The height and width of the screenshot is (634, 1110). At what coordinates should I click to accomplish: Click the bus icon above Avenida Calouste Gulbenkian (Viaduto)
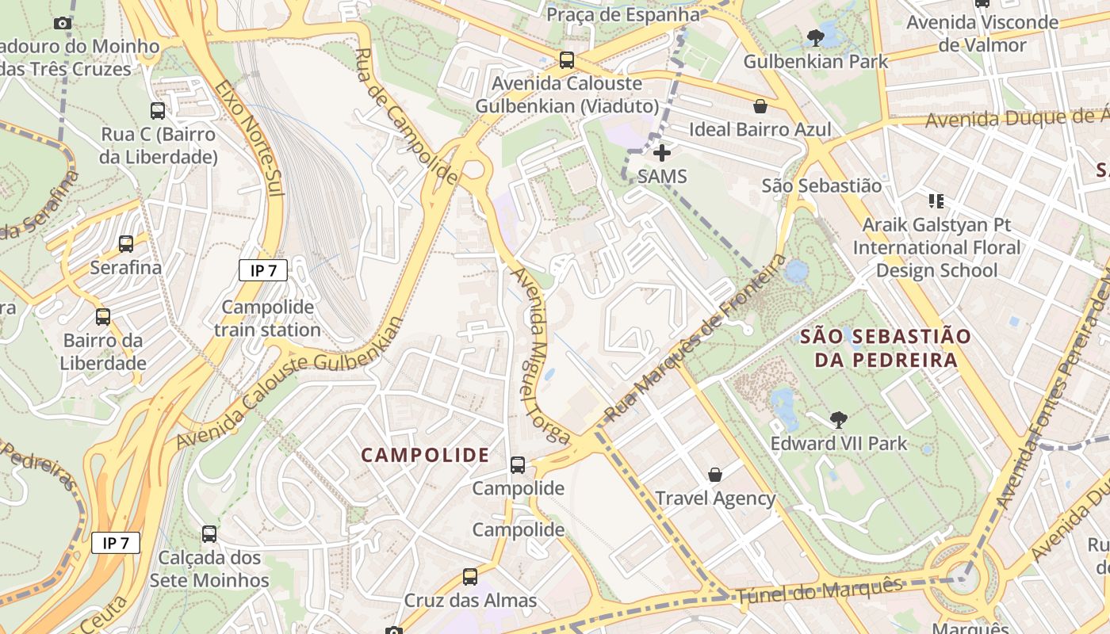(566, 59)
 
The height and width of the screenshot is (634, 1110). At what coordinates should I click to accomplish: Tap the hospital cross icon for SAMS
(662, 152)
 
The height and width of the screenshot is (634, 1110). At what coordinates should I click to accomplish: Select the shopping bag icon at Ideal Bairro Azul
(760, 105)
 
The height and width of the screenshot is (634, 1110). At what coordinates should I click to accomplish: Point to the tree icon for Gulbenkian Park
(815, 37)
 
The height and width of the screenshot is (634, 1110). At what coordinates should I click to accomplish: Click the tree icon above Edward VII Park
(838, 419)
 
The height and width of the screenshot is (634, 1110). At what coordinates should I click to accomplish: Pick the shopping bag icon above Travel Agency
(715, 475)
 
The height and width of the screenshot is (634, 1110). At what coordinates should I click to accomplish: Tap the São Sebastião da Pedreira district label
(885, 348)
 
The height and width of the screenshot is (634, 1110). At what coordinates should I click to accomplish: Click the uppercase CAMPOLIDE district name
(425, 455)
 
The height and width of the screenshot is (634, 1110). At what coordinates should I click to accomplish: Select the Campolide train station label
(267, 319)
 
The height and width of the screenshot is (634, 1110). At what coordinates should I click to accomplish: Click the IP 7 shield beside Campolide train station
(263, 270)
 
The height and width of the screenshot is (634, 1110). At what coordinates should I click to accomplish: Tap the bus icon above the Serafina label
(126, 244)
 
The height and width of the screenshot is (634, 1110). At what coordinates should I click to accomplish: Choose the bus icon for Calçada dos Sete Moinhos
(209, 534)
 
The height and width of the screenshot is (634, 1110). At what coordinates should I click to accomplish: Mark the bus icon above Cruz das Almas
(470, 577)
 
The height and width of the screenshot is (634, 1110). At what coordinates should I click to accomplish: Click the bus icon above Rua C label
(158, 111)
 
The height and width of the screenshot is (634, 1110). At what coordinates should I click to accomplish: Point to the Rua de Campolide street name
(405, 116)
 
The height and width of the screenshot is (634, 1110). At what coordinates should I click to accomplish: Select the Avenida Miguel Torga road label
(541, 355)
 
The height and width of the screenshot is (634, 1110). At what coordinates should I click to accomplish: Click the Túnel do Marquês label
(819, 592)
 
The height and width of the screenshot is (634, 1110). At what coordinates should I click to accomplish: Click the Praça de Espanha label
(623, 15)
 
